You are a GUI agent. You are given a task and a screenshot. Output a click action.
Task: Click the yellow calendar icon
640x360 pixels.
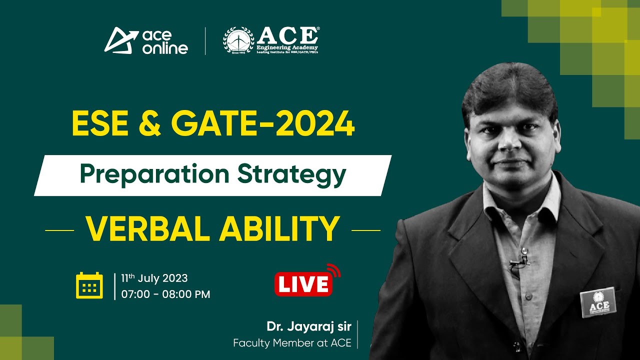click(x=89, y=285)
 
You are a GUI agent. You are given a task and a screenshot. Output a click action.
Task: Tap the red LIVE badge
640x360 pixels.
click(x=303, y=284)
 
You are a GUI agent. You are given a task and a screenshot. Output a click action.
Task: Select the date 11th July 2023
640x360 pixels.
click(x=154, y=278)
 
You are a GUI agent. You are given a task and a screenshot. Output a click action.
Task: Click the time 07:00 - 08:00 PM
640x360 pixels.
click(x=165, y=294)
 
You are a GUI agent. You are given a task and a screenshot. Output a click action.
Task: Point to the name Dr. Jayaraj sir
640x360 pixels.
click(x=309, y=326)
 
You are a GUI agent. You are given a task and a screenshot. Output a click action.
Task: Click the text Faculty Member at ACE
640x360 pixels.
click(x=292, y=343)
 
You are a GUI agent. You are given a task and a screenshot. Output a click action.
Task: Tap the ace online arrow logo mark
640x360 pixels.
click(x=120, y=40)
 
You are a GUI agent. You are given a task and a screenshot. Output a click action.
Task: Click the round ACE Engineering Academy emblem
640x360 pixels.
click(x=238, y=40)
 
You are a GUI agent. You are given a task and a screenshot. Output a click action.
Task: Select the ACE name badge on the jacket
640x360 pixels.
click(x=598, y=302)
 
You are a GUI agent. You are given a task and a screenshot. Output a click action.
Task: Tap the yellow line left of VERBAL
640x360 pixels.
click(x=59, y=230)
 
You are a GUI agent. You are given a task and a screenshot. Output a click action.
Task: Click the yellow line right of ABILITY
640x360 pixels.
click(x=365, y=230)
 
